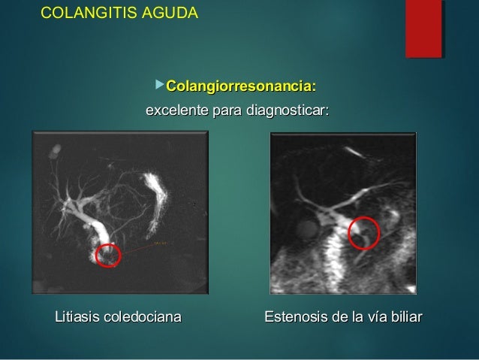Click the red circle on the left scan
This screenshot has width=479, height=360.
point(107,255)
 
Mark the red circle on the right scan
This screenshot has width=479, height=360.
point(364,232)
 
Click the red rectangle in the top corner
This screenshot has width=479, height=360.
point(423,29)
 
